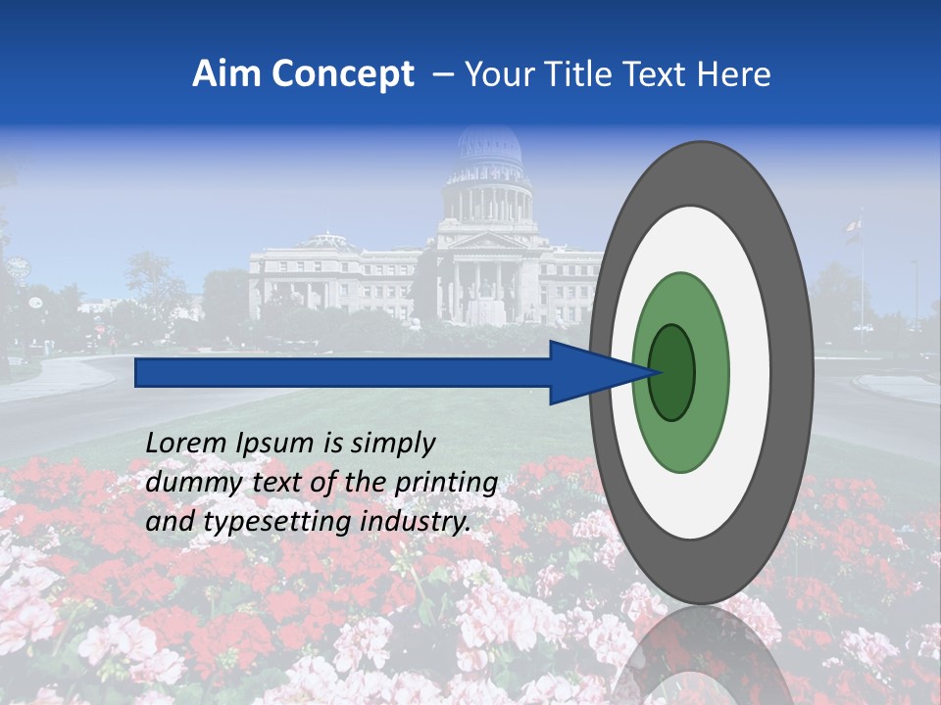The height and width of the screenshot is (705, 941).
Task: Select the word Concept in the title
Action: (x=342, y=74)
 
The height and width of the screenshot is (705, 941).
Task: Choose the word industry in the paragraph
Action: (x=417, y=522)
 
